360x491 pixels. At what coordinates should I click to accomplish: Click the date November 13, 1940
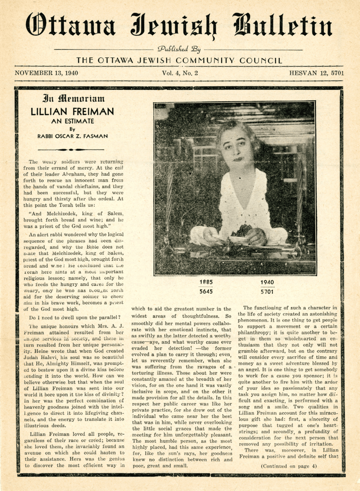click(46, 74)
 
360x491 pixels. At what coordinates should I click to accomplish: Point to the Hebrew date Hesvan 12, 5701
click(316, 74)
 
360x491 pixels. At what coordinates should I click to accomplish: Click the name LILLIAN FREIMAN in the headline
click(72, 112)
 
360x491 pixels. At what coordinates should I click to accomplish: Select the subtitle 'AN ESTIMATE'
click(72, 121)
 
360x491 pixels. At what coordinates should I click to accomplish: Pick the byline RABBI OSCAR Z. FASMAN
click(72, 137)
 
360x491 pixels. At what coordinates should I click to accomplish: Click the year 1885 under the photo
click(206, 282)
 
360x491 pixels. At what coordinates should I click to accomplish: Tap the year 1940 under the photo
click(267, 282)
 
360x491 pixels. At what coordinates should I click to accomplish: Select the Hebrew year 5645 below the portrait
click(206, 292)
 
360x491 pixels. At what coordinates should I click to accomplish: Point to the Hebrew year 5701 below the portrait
click(267, 292)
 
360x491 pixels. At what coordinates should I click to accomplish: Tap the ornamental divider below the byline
click(72, 150)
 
